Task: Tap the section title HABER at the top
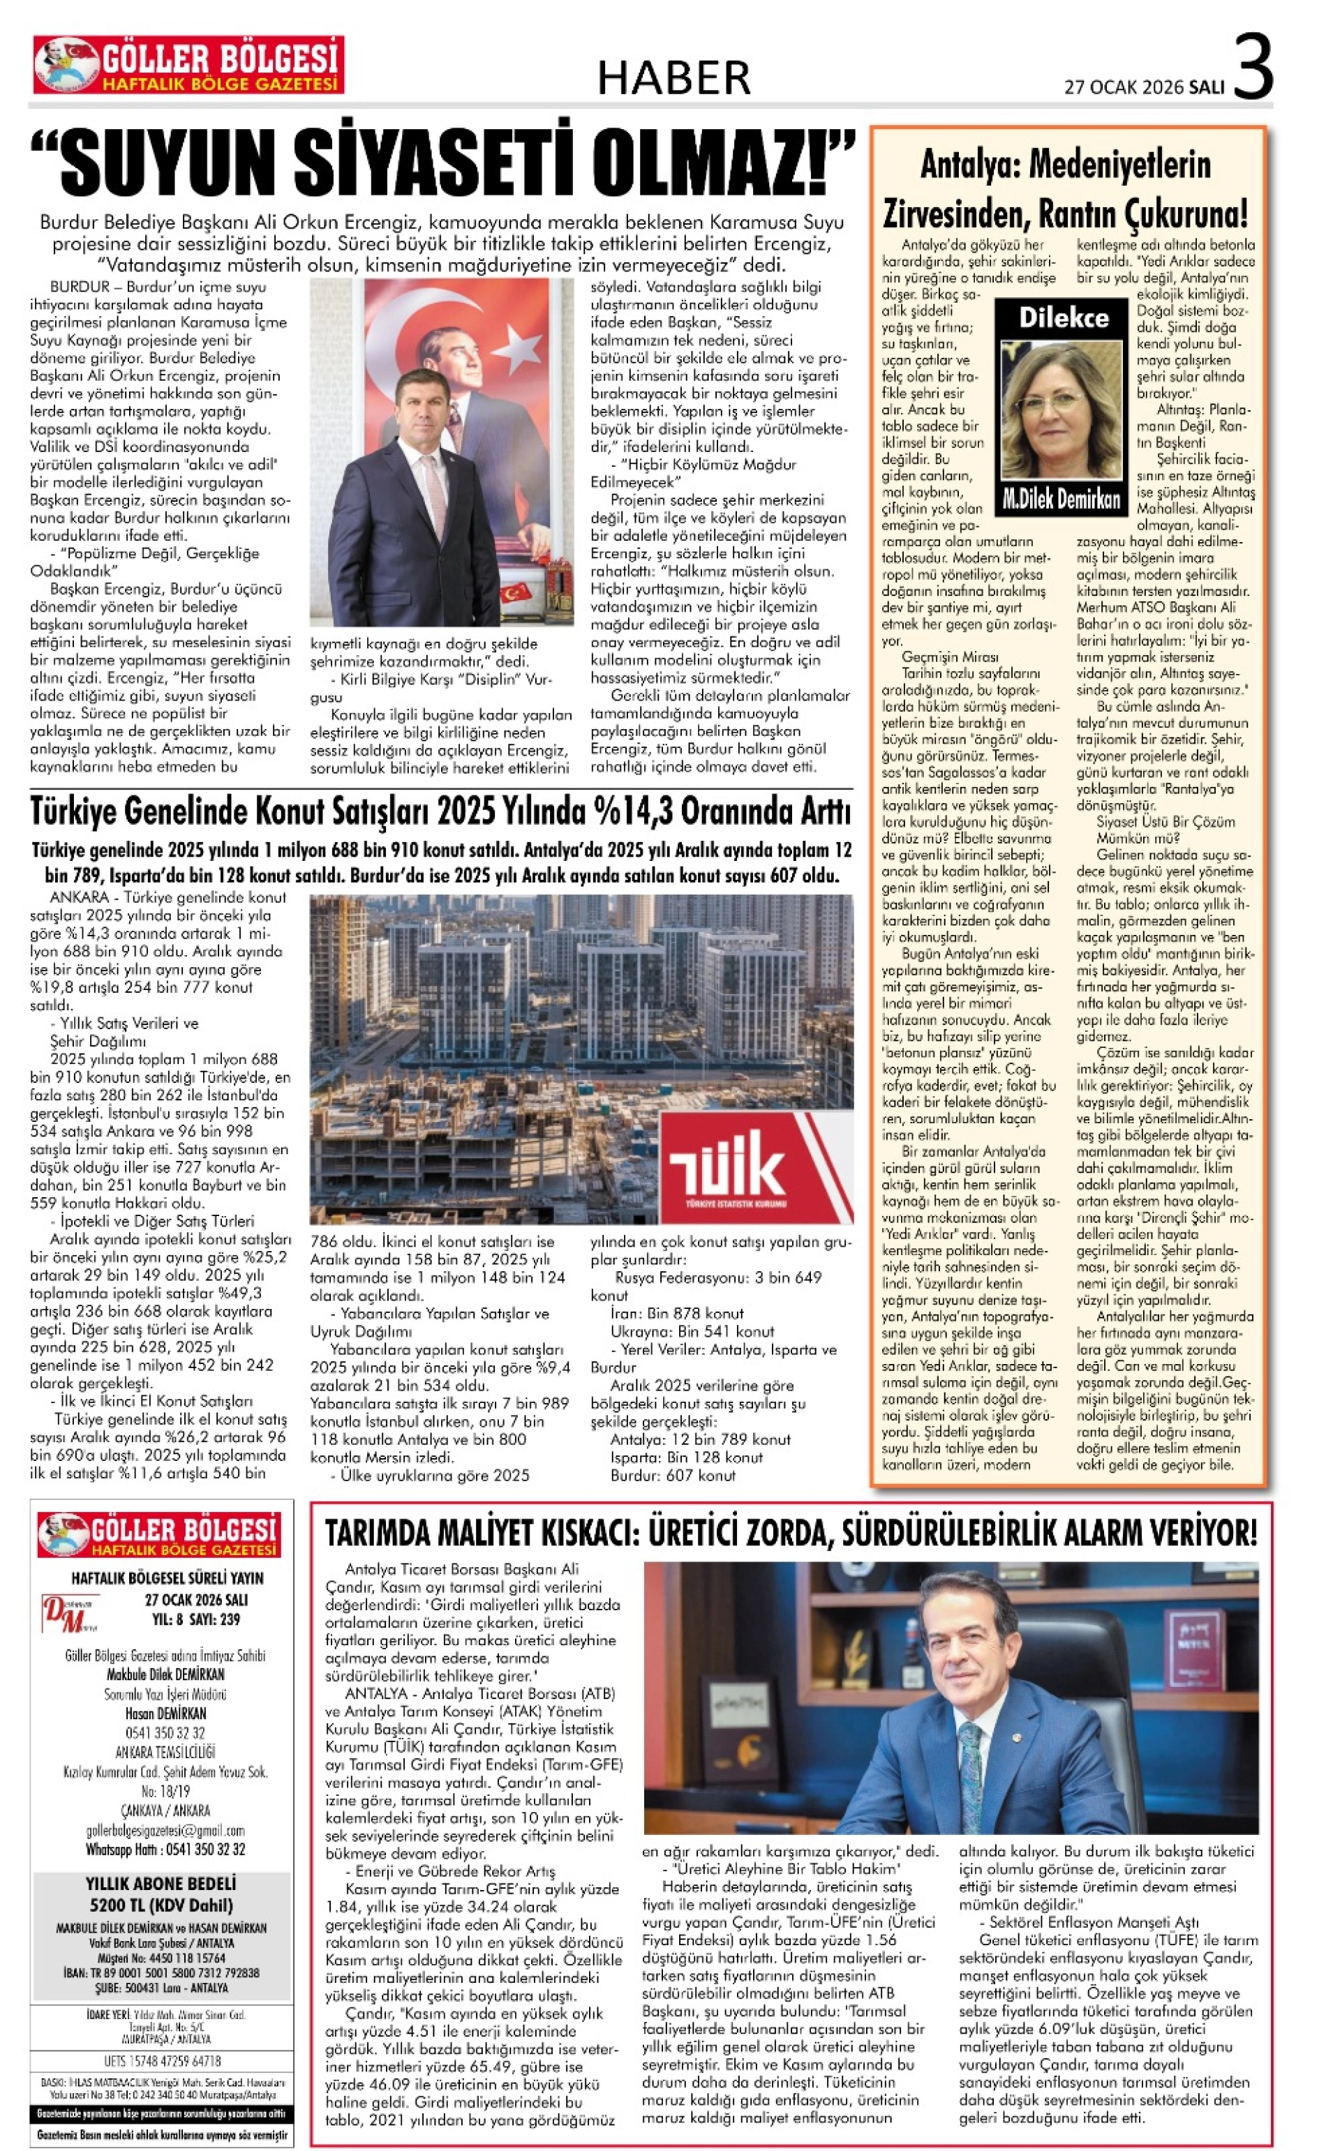(673, 79)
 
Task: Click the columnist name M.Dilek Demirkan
(1062, 500)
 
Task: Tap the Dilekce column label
(1063, 317)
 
